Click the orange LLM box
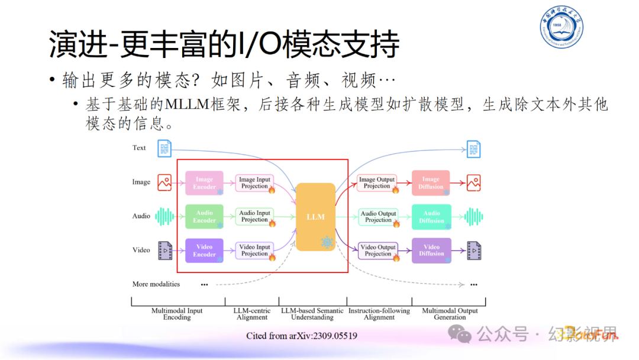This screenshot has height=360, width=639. pos(315,217)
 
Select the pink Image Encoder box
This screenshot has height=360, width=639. pos(204,182)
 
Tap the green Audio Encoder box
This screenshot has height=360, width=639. pos(204,216)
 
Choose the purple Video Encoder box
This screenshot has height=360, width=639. pos(204,250)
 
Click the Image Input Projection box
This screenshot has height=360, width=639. pos(255,182)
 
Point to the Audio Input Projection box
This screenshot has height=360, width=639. pos(255,216)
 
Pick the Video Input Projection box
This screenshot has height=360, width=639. pos(255,250)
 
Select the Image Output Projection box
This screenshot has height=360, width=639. pos(377,182)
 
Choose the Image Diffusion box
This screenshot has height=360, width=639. pos(431,182)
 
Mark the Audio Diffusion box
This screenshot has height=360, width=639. pos(431,217)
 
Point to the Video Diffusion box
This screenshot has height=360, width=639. pos(431,250)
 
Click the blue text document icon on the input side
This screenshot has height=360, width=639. pos(164,148)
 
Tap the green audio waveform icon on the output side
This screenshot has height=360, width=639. pos(473,217)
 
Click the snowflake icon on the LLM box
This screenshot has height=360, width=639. pos(327,242)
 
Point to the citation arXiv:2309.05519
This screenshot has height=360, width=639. pos(301,336)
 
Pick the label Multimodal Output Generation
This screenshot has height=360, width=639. pos(450,314)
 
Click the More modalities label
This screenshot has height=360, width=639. pos(156,284)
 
